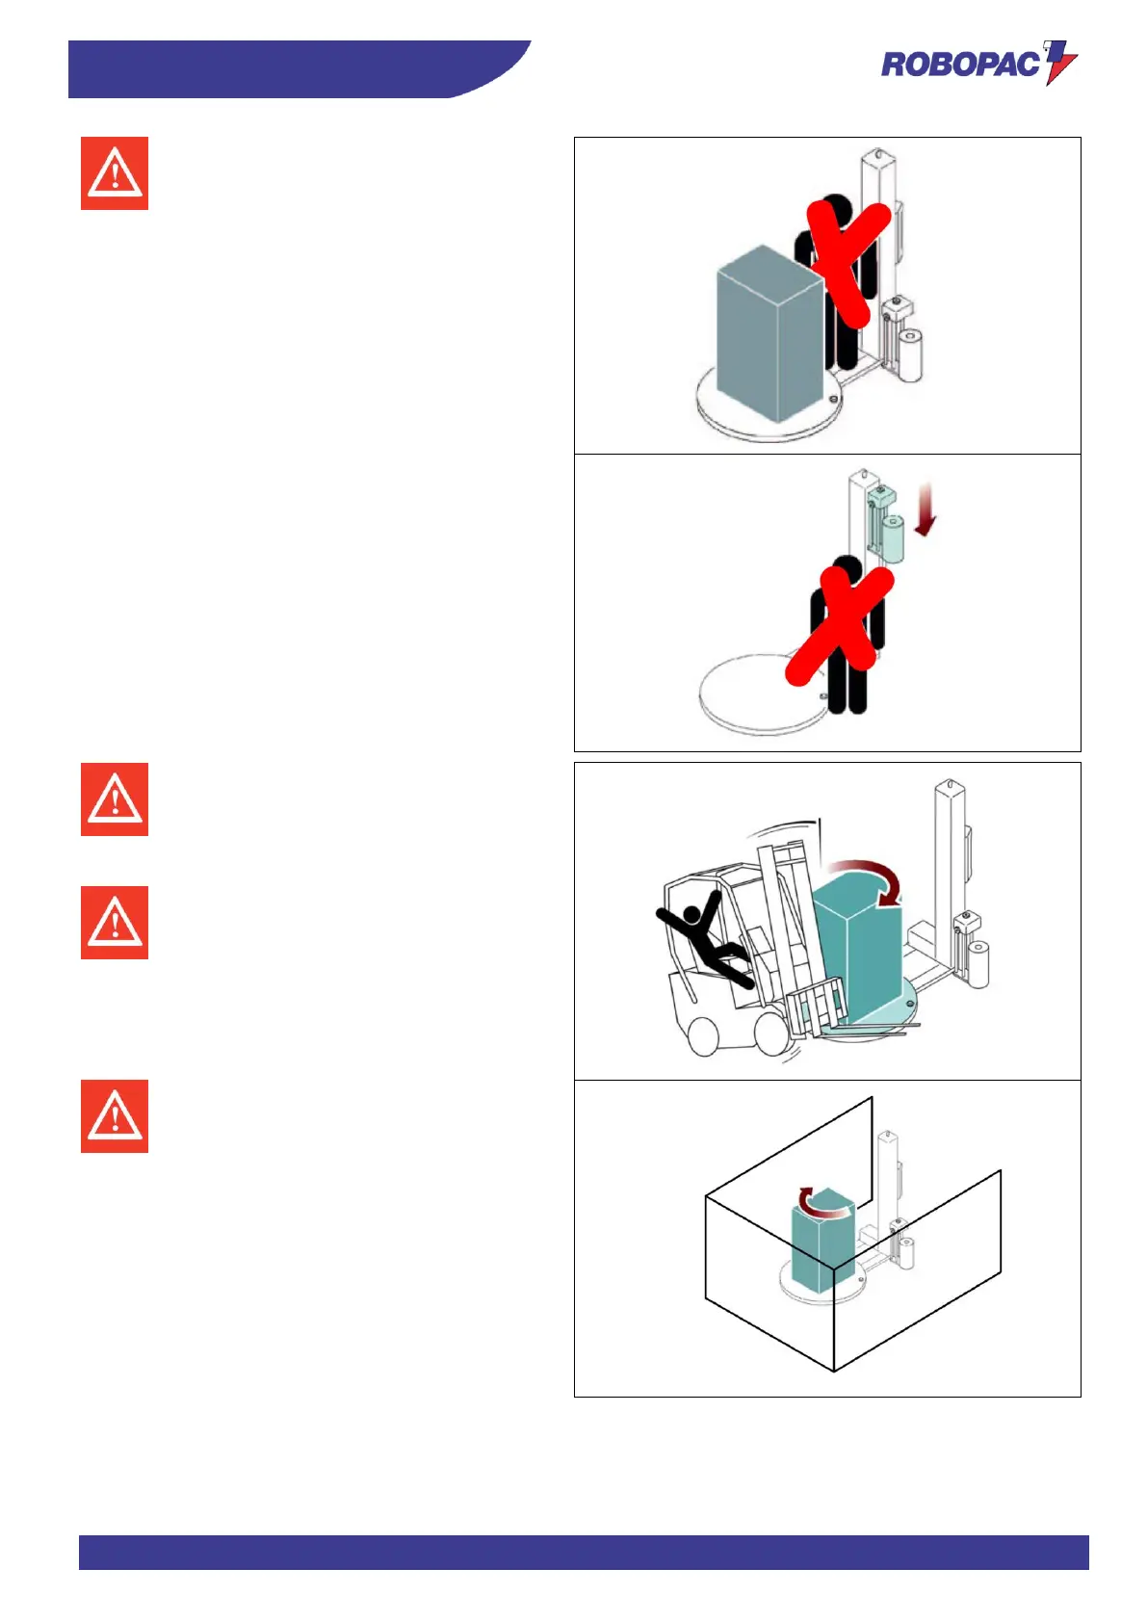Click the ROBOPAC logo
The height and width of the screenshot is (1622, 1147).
978,64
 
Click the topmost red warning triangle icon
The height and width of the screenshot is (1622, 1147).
115,173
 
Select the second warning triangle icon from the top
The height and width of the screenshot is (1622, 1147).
115,799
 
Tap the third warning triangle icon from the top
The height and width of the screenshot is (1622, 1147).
115,923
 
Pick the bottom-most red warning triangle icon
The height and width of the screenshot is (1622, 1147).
115,1116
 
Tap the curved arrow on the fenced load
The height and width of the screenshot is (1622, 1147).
823,1202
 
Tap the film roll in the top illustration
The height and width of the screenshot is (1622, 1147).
910,354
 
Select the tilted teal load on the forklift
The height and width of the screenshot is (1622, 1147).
857,954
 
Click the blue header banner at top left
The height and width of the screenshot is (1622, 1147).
289,69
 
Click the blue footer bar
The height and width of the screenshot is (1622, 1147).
583,1552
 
